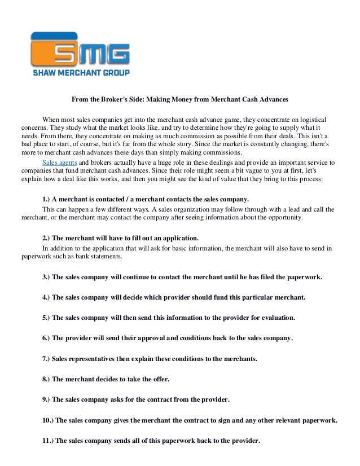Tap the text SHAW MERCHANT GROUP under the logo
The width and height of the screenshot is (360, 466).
point(80,73)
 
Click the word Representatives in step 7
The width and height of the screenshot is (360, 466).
point(96,358)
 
